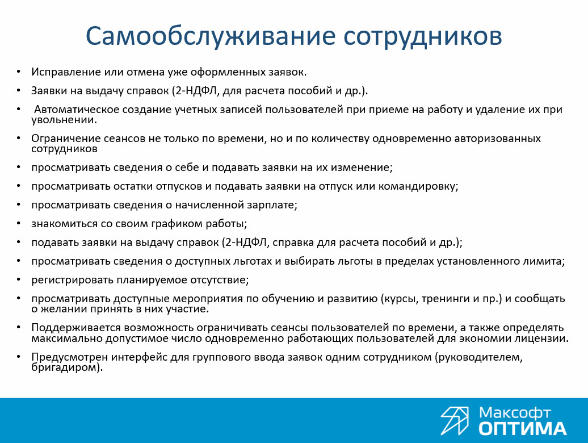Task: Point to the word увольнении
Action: click(x=64, y=120)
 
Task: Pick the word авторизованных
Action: click(x=498, y=139)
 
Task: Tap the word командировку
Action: click(x=418, y=186)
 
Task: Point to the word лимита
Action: click(x=544, y=261)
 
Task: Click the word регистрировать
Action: click(x=73, y=280)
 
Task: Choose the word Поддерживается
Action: click(x=76, y=328)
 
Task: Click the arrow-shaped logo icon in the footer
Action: click(x=455, y=421)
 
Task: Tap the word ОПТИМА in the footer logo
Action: click(x=522, y=429)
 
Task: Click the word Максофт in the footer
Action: click(x=514, y=413)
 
